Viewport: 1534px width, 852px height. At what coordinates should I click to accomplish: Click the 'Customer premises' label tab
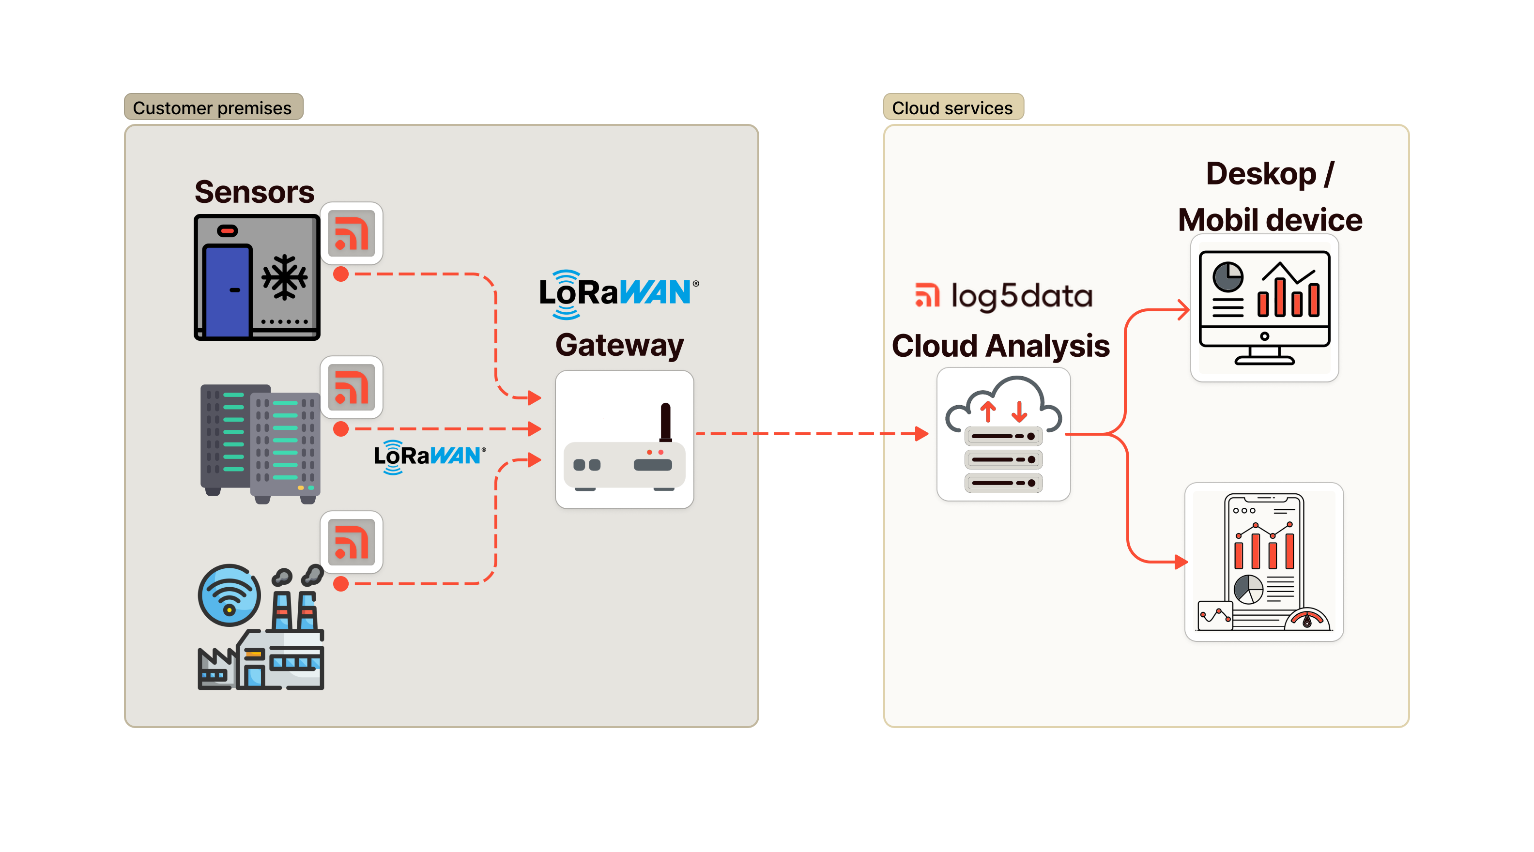(213, 108)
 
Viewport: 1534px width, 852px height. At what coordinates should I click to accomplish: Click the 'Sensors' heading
(254, 192)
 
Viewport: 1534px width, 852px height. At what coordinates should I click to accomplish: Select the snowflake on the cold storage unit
(285, 277)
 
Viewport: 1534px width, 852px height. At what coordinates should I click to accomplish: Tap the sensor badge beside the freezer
(352, 233)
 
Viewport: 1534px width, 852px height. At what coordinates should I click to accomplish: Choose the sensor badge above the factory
(352, 542)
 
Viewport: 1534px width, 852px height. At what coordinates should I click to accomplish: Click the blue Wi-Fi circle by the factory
(229, 595)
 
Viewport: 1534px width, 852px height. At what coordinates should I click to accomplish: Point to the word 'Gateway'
(619, 345)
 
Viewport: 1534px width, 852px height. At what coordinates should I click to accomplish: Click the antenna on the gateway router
(665, 422)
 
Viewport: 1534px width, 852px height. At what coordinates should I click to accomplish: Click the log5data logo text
(1004, 296)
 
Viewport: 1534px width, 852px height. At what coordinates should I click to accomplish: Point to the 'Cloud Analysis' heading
(1000, 346)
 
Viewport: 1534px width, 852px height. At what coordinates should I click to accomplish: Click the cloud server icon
(1003, 434)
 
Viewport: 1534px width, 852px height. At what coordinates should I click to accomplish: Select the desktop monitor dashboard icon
(1264, 307)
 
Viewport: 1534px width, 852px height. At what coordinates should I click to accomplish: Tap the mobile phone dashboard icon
(1264, 562)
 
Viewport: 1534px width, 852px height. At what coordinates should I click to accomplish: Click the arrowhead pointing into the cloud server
(922, 433)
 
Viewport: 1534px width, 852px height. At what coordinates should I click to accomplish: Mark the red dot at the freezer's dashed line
(340, 274)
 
